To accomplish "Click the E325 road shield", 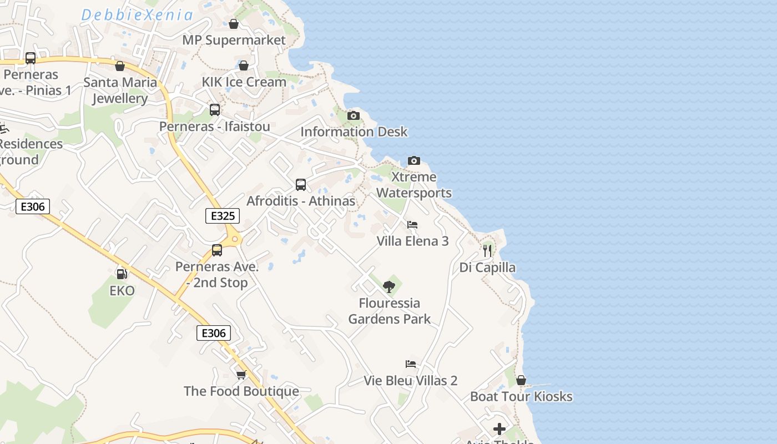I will pos(223,216).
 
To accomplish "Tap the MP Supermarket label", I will pos(234,40).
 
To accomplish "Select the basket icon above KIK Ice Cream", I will pos(243,65).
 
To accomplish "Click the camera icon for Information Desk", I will pos(353,115).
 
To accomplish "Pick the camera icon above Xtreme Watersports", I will pos(414,160).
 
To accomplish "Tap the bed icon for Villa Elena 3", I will pos(412,225).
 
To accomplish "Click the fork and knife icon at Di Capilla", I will pos(487,250).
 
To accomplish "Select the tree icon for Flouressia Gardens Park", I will pos(389,286).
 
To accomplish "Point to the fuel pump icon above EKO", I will pos(121,274).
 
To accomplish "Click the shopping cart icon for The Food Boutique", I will pos(241,375).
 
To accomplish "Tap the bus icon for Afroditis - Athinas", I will pos(301,184).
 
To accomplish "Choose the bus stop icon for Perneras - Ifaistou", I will pos(215,110).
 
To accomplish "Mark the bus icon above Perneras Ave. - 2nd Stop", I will pos(217,250).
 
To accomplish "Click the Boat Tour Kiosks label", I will pos(521,396).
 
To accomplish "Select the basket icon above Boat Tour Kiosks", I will pos(521,380).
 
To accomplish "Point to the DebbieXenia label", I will pos(137,15).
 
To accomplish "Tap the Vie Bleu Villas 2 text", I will pos(411,381).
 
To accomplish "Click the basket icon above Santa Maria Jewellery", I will pos(120,67).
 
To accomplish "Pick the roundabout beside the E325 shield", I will pos(235,239).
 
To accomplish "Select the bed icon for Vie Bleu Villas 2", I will pos(411,364).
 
